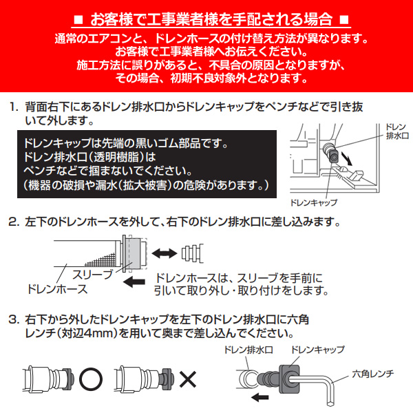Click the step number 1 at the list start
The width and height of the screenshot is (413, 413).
[13, 107]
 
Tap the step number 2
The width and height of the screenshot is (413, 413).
[13, 223]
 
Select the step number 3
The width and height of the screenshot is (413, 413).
[13, 320]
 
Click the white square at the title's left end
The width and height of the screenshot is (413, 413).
[78, 16]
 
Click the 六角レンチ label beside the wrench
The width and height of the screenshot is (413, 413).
[373, 372]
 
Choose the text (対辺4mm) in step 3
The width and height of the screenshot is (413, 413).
[70, 335]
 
